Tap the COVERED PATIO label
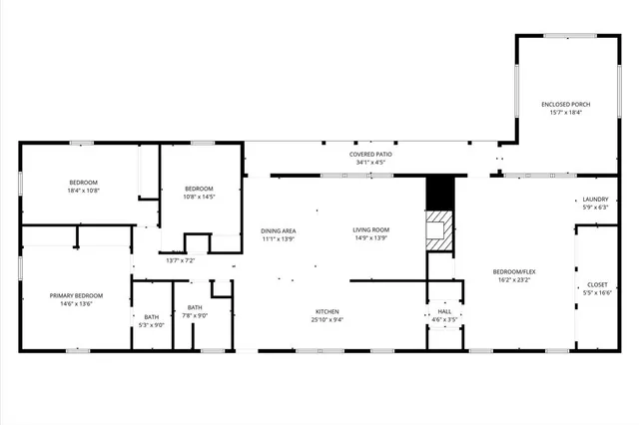click(369, 155)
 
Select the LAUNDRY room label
click(595, 199)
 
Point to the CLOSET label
click(595, 285)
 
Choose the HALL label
click(444, 311)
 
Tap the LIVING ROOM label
click(370, 230)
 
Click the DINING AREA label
click(279, 230)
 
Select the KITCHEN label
click(328, 310)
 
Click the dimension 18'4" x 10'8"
click(83, 191)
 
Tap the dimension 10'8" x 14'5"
click(199, 197)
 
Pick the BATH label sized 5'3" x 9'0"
click(151, 317)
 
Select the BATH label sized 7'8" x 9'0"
click(195, 307)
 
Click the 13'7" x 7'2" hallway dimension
click(180, 261)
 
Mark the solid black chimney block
click(439, 192)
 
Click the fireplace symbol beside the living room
click(437, 230)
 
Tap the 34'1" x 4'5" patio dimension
click(369, 163)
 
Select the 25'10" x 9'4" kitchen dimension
click(328, 319)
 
